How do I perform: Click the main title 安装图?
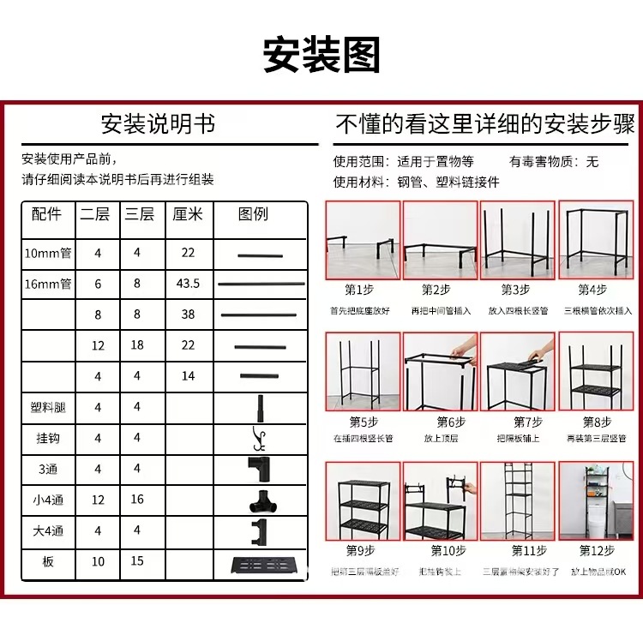[x=321, y=55]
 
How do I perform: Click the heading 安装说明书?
[x=158, y=124]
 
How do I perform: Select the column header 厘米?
[x=188, y=214]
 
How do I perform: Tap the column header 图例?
[x=253, y=214]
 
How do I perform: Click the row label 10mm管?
[x=48, y=253]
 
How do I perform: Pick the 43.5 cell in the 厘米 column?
[x=188, y=284]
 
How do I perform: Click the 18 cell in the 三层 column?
[x=137, y=345]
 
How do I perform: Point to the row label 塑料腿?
[x=48, y=407]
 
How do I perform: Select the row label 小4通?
[x=48, y=500]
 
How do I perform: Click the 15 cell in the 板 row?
[x=137, y=561]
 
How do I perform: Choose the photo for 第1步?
[x=362, y=240]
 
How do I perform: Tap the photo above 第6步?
[x=440, y=371]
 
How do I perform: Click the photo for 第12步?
[x=596, y=501]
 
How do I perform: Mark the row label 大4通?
[x=48, y=531]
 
